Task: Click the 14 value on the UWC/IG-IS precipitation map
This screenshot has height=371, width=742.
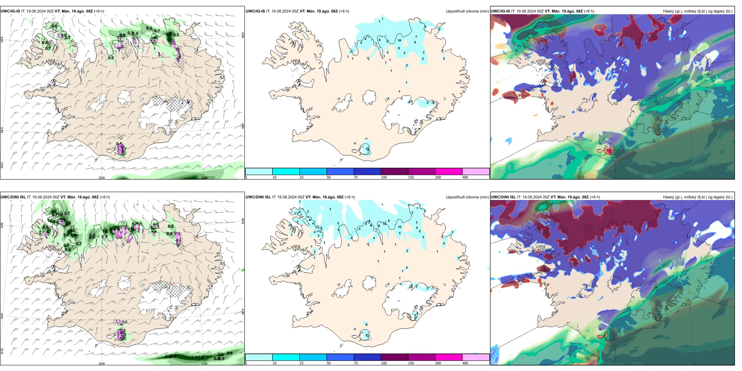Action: click(399, 40)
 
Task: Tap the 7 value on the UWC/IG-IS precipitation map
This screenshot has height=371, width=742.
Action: click(416, 37)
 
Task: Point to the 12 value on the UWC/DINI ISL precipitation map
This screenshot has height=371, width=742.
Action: click(400, 227)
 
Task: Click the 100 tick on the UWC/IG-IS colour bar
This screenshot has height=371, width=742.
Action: click(384, 177)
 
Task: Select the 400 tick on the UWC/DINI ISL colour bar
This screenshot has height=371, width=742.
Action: click(465, 363)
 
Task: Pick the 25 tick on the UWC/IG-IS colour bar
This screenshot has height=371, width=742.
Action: click(301, 177)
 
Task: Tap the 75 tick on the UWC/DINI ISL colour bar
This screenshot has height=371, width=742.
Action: click(356, 363)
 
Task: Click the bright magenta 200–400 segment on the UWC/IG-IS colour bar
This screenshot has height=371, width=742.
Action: click(449, 171)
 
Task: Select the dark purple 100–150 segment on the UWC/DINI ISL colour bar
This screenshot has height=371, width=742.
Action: click(394, 357)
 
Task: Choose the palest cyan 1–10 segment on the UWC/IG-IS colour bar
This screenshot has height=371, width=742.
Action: click(259, 171)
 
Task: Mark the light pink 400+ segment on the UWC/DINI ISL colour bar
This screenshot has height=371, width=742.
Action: click(476, 357)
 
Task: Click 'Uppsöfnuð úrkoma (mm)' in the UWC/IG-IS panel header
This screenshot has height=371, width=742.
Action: click(467, 11)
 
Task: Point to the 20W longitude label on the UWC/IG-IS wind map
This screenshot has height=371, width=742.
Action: click(102, 178)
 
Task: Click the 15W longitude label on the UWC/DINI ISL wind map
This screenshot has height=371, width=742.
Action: click(204, 364)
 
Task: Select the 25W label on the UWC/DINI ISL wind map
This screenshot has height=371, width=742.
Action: click(2, 351)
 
